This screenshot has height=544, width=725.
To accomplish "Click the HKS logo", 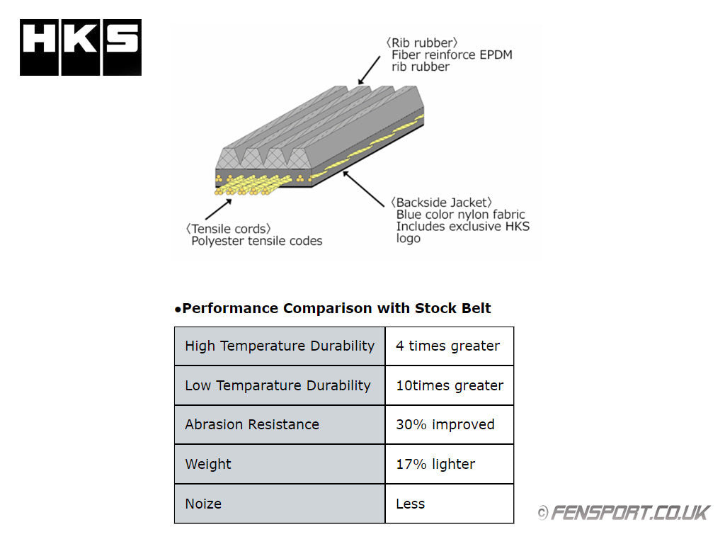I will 81,47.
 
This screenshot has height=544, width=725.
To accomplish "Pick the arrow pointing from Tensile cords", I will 219,209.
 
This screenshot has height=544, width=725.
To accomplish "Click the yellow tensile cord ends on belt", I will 248,185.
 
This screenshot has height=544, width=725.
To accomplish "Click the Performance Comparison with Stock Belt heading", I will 333,308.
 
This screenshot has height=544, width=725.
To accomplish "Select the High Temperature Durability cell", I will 280,346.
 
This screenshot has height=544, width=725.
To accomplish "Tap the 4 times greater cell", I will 449,346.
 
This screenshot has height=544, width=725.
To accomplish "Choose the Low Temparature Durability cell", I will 280,385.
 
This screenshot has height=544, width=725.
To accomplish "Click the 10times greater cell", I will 449,385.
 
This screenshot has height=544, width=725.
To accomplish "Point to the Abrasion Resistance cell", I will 280,425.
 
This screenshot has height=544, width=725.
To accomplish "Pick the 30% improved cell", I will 449,425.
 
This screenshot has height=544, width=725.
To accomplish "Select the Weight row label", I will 280,464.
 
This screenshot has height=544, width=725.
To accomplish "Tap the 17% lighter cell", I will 449,464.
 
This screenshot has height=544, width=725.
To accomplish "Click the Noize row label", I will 280,504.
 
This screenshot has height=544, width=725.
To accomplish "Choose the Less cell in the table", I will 449,504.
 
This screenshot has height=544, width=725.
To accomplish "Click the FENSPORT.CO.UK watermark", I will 623,512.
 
